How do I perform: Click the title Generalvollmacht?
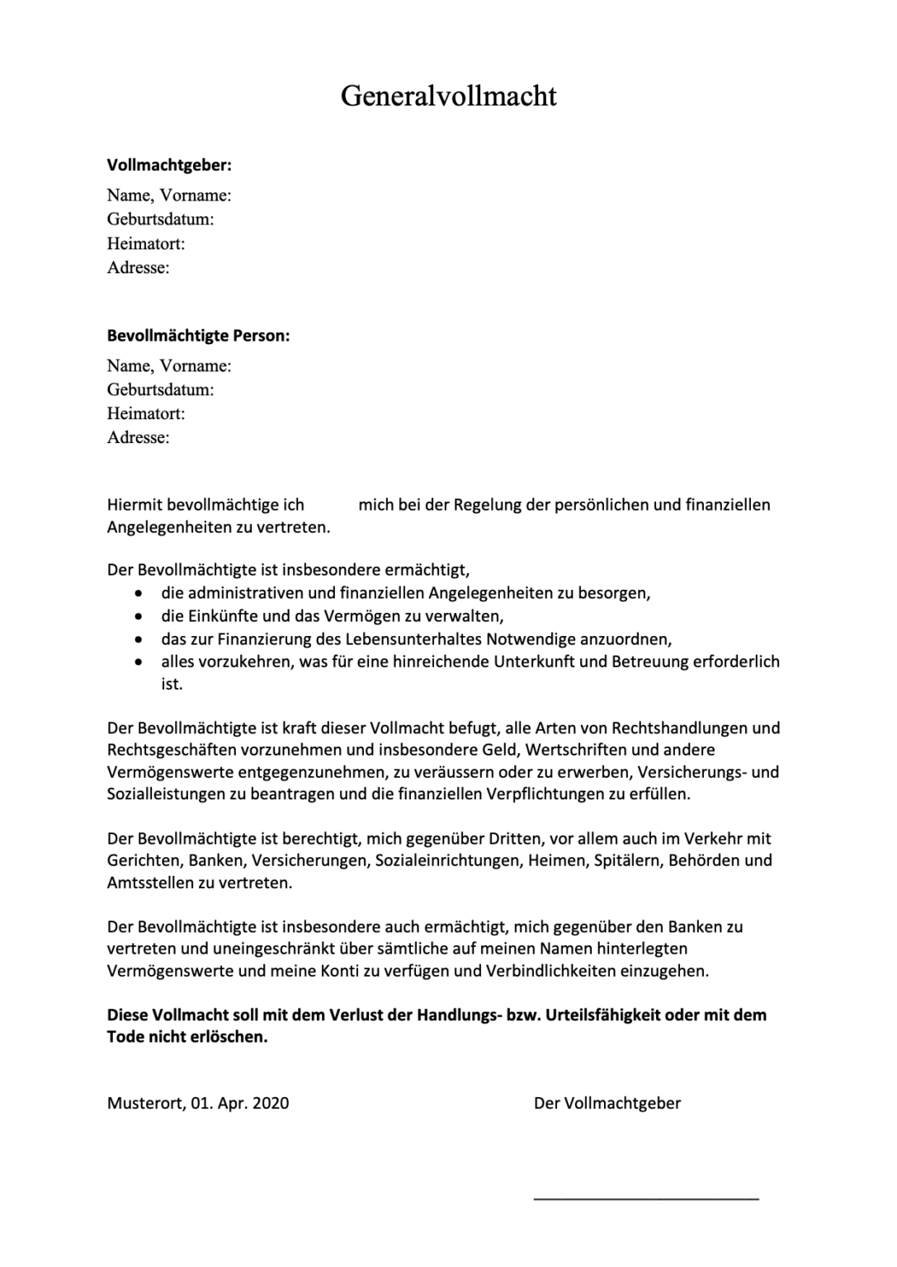pos(448,97)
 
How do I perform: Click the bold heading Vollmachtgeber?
pos(169,165)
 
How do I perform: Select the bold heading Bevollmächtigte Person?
pos(198,336)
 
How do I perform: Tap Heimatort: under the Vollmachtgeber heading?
pos(145,243)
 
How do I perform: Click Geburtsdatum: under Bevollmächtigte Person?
pos(160,389)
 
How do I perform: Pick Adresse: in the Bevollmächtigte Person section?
pos(138,437)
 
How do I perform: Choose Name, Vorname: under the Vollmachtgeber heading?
pos(168,195)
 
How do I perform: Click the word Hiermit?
pos(135,505)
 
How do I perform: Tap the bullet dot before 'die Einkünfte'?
pos(142,616)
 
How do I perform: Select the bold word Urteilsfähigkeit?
pos(597,1015)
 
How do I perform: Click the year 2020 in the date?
pos(271,1103)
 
